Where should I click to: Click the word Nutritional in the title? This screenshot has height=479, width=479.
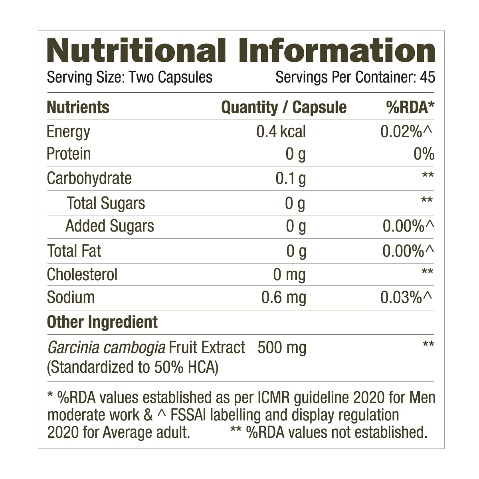pos(136,51)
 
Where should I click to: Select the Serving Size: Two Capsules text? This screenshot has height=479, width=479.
pos(129,77)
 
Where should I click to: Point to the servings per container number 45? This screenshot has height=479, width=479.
pos(428,77)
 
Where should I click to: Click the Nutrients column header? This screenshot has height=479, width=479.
pos(78,107)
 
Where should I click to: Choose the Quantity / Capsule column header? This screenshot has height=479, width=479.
pos(284,107)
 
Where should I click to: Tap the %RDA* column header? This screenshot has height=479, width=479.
pos(410,107)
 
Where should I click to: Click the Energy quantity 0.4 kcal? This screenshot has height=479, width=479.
pos(281,131)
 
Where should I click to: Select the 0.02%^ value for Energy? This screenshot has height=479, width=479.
pos(407,131)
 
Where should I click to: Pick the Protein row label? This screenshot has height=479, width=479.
pos(69,154)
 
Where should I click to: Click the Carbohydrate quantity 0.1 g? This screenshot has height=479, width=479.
pos(291,178)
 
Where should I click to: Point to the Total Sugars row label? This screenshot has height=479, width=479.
pos(106,203)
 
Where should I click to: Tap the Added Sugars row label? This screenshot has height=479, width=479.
pos(110,226)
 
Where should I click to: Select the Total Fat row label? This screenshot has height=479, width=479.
pos(74,251)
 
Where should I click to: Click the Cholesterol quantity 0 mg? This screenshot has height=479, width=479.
pos(289,275)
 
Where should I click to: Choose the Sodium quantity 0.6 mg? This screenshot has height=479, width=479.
pos(283,297)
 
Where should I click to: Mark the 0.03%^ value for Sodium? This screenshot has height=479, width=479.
pos(407,297)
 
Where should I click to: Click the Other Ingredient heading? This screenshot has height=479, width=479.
pos(102,322)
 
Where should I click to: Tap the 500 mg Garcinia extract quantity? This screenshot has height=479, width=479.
pos(282,347)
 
